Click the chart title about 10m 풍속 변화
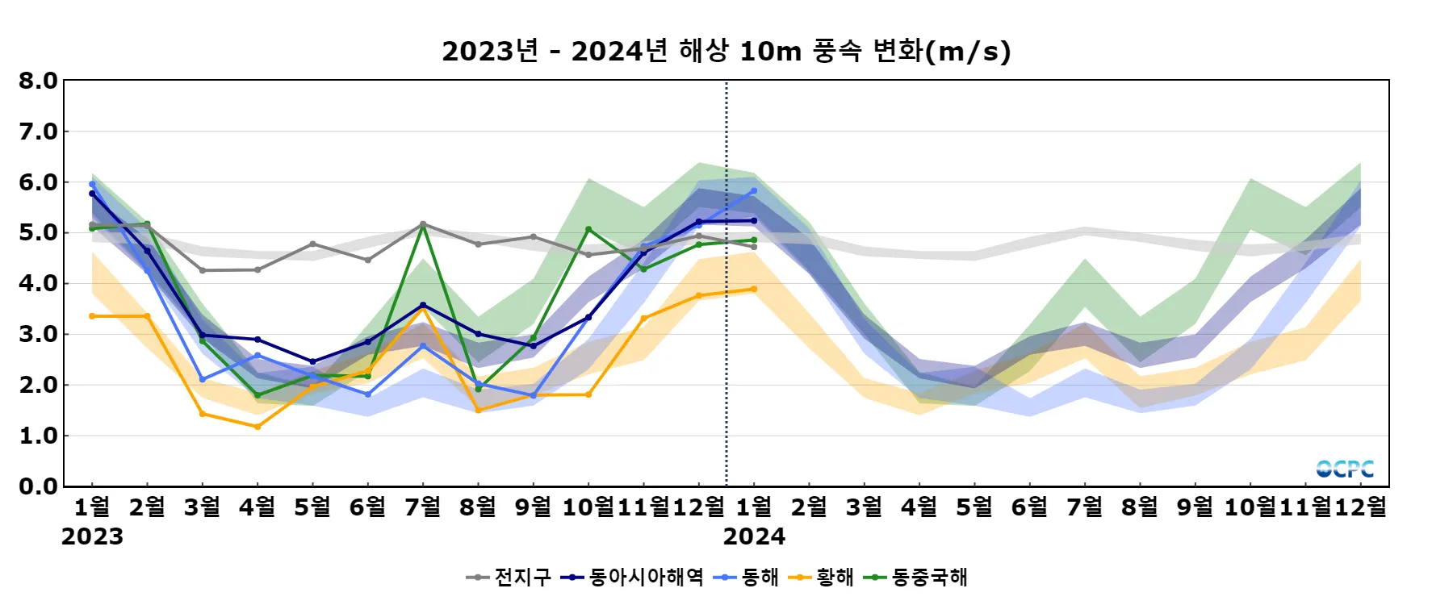726,51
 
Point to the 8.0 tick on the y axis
38,81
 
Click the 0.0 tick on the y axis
38,486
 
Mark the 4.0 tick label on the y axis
38,283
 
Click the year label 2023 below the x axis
92,536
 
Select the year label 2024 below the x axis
754,536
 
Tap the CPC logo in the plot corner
1345,469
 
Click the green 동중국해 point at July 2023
423,227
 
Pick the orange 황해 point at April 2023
258,427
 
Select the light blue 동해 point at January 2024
754,191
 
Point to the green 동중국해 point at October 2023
588,230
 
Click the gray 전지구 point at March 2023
203,270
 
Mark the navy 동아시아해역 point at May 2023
313,361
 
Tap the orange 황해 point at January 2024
754,289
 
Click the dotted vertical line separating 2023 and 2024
726,323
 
